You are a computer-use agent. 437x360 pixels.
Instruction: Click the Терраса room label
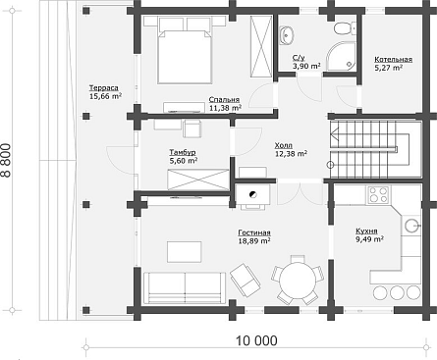pyautogui.click(x=104, y=88)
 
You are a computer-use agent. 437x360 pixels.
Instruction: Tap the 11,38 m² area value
pyautogui.click(x=225, y=108)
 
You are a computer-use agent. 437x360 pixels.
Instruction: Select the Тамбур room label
pyautogui.click(x=183, y=152)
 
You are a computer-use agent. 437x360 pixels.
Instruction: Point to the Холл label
pyautogui.click(x=284, y=145)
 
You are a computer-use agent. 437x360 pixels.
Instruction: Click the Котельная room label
pyautogui.click(x=393, y=60)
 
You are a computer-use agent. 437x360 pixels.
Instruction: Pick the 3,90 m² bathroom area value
pyautogui.click(x=306, y=66)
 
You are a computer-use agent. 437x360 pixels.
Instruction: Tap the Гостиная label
pyautogui.click(x=254, y=232)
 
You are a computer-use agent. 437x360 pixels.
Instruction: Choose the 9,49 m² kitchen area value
pyautogui.click(x=370, y=239)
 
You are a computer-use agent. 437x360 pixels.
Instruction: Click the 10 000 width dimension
pyautogui.click(x=256, y=341)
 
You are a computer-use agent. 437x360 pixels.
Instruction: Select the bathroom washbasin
pyautogui.click(x=287, y=34)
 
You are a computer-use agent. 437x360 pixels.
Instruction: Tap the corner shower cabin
pyautogui.click(x=341, y=56)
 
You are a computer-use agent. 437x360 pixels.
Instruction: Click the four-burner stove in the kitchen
pyautogui.click(x=378, y=195)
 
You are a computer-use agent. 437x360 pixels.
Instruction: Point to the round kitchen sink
pyautogui.click(x=411, y=226)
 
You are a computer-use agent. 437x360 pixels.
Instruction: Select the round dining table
pyautogui.click(x=298, y=279)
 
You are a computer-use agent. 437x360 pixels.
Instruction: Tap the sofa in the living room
pyautogui.click(x=185, y=287)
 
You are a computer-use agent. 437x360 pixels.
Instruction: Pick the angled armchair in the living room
pyautogui.click(x=246, y=279)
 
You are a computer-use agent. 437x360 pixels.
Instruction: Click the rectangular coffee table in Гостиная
pyautogui.click(x=185, y=252)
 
